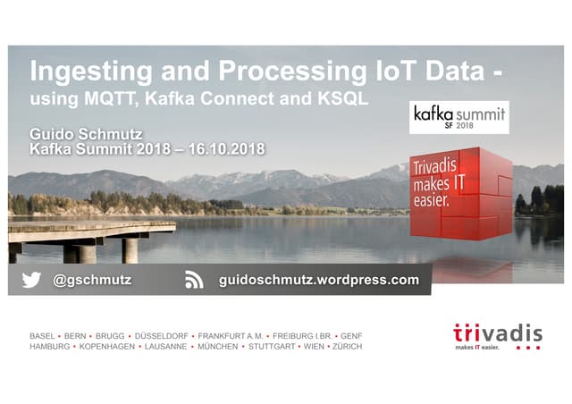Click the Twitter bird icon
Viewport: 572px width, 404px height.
[x=31, y=280]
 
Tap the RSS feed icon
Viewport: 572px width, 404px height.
[x=194, y=280]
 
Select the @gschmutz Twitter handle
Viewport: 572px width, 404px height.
[x=92, y=280]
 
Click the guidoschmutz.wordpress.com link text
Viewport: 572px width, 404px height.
[x=319, y=280]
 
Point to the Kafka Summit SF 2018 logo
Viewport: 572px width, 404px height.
[x=458, y=117]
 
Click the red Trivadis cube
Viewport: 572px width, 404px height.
[x=461, y=193]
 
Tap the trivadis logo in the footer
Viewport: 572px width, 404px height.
[x=497, y=336]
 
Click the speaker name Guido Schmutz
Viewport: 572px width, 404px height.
[x=86, y=134]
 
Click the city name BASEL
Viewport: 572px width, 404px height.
[x=42, y=336]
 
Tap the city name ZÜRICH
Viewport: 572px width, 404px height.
[x=346, y=346]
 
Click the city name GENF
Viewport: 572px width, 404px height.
[x=352, y=336]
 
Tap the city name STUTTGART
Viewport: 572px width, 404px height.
[x=272, y=346]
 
